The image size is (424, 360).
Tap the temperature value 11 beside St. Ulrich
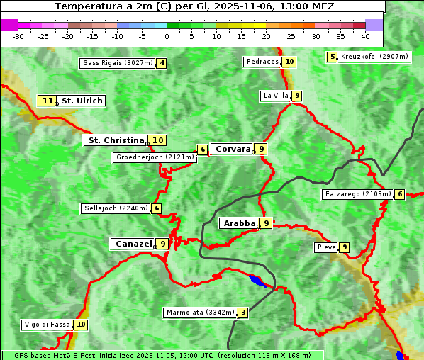[47, 101]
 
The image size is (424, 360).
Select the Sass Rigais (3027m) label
[118, 63]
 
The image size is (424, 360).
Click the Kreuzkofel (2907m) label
[374, 57]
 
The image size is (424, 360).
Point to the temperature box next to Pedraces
[289, 62]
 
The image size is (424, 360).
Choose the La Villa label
[276, 96]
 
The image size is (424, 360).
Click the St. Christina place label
[115, 140]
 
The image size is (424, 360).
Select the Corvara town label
[233, 149]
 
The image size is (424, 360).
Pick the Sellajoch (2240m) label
[116, 208]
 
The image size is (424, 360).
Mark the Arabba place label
[239, 223]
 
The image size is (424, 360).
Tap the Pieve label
[326, 247]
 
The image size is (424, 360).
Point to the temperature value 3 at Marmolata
[243, 313]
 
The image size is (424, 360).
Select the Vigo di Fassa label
[47, 325]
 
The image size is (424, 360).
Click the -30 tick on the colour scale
[18, 35]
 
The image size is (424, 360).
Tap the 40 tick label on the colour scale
[365, 35]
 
